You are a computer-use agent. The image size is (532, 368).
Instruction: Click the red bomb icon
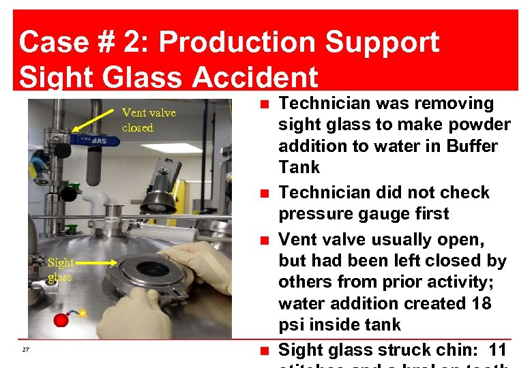tap(62, 320)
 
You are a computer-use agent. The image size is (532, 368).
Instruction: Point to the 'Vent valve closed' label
tap(148, 120)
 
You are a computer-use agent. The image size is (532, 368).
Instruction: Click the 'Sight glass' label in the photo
tap(60, 270)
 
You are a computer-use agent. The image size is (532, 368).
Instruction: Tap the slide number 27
tap(25, 350)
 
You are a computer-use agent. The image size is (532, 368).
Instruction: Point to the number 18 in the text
tap(480, 303)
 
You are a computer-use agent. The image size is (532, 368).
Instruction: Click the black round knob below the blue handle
tap(68, 194)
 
